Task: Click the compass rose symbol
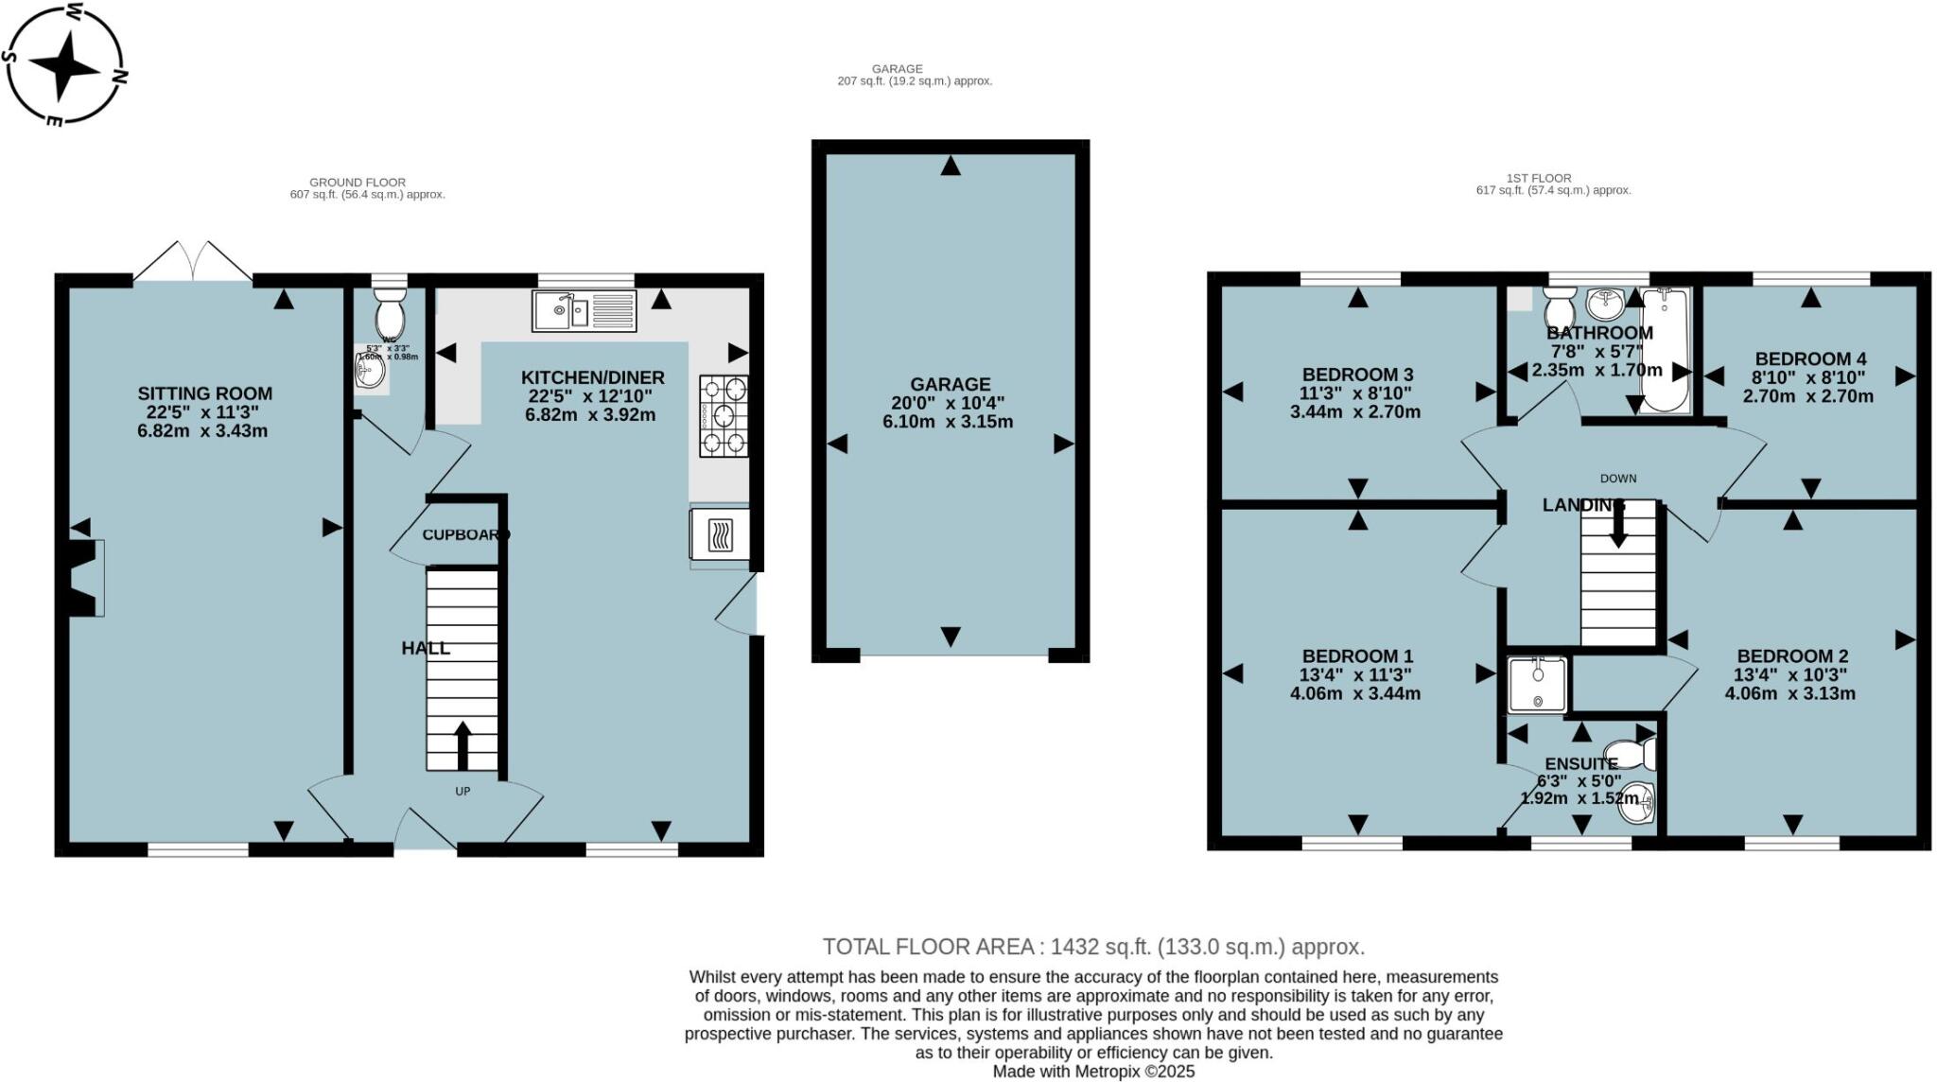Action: point(64,64)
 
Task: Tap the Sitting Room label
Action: point(204,393)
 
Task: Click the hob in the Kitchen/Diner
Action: point(724,416)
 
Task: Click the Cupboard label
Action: point(464,534)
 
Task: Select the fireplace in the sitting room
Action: point(87,577)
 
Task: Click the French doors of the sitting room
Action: point(194,262)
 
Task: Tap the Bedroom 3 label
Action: point(1357,375)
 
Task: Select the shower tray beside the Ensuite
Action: point(1537,685)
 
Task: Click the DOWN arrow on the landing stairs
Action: point(1618,525)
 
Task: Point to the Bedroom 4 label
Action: point(1810,358)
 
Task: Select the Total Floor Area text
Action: point(1093,947)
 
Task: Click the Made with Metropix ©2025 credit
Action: point(1093,1072)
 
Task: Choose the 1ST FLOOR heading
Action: point(1539,178)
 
